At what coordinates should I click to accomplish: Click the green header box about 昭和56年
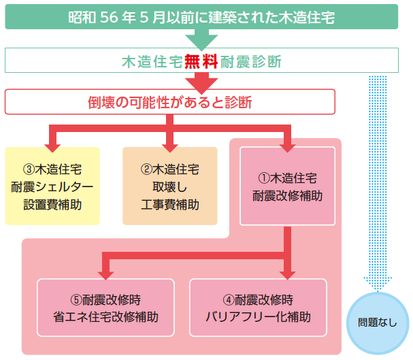(201, 16)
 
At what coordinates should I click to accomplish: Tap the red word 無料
(201, 61)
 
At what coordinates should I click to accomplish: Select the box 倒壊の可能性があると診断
(170, 101)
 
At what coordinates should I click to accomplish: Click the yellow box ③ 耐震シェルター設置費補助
(52, 186)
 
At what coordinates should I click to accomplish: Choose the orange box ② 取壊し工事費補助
(170, 186)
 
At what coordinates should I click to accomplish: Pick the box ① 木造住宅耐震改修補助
(287, 186)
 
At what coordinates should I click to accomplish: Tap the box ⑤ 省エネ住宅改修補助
(105, 308)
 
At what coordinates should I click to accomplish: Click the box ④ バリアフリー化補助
(258, 308)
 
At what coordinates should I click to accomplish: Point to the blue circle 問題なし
(378, 323)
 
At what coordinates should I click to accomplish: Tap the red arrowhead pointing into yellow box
(52, 148)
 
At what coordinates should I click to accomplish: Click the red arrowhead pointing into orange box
(170, 148)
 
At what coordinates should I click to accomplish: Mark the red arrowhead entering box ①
(287, 148)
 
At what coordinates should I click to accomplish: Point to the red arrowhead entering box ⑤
(105, 276)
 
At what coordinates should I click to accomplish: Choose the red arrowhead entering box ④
(287, 276)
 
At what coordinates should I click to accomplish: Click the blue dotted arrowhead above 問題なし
(378, 284)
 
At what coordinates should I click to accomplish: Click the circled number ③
(29, 169)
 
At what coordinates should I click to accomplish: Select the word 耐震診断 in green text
(251, 62)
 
